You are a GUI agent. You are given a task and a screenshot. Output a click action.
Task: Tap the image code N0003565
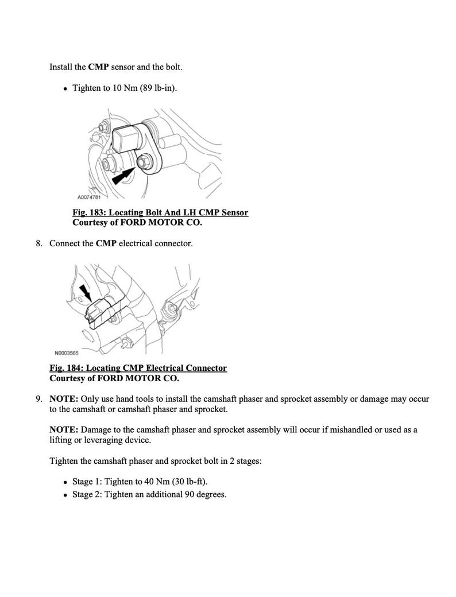[66, 353]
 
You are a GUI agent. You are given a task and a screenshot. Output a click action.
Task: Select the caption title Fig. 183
[160, 212]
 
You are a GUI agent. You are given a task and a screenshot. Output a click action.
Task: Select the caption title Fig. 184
[138, 368]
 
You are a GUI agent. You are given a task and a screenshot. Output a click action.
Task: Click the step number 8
[38, 243]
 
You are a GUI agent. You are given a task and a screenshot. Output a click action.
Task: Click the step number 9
[38, 399]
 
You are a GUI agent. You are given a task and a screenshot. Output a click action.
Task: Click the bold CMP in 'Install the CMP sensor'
[98, 67]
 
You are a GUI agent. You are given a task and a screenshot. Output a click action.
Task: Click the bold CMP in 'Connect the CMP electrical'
[106, 243]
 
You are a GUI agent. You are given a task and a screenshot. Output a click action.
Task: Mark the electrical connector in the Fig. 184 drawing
[99, 310]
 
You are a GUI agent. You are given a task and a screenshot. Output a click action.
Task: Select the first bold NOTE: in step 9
[64, 399]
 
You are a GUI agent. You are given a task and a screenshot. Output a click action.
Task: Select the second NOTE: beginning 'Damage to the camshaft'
[64, 430]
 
